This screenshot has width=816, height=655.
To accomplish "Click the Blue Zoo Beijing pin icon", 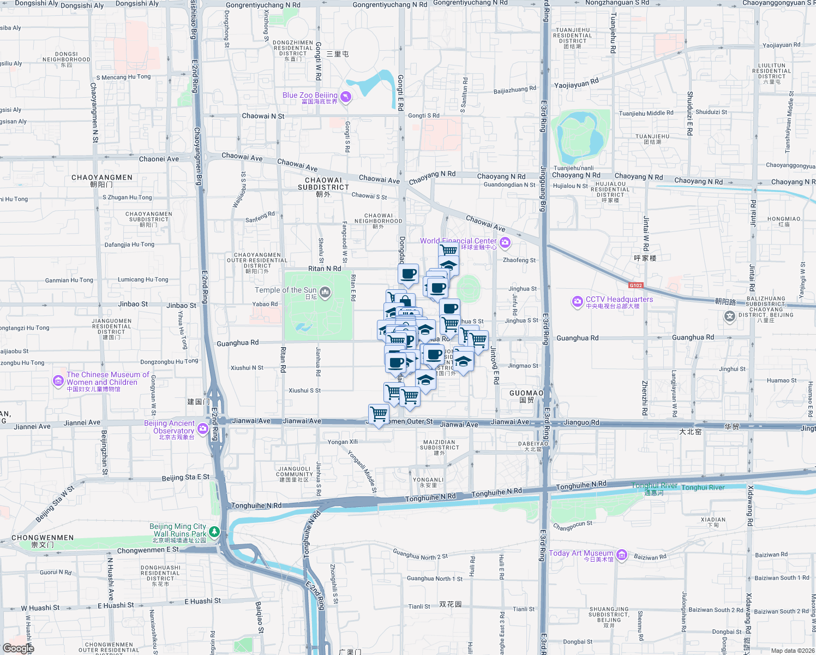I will pyautogui.click(x=345, y=97).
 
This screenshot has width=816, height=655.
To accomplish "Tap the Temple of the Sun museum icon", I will pyautogui.click(x=325, y=293).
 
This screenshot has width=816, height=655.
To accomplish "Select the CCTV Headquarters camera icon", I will pyautogui.click(x=577, y=301).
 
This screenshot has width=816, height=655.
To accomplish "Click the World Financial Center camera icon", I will pyautogui.click(x=505, y=242).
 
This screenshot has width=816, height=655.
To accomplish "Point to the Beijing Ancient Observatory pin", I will pyautogui.click(x=203, y=429).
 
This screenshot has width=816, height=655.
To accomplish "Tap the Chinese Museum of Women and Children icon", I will pyautogui.click(x=58, y=381).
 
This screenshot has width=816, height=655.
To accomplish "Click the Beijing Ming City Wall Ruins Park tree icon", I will pyautogui.click(x=214, y=531).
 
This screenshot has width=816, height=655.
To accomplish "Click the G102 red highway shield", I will pyautogui.click(x=636, y=285).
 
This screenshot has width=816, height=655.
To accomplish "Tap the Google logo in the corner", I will pyautogui.click(x=18, y=648).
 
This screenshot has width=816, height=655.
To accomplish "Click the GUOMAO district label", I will pyautogui.click(x=526, y=393).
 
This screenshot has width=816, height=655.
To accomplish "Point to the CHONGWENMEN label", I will pyautogui.click(x=43, y=538).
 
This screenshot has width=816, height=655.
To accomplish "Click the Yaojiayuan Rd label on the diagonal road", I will pyautogui.click(x=576, y=84).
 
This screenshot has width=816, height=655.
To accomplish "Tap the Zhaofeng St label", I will pyautogui.click(x=519, y=260).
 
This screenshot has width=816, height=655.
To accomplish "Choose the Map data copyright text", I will pyautogui.click(x=792, y=650).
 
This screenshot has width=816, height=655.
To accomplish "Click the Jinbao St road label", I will pyautogui.click(x=133, y=304).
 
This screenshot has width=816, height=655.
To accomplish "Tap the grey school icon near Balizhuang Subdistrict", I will pyautogui.click(x=730, y=317).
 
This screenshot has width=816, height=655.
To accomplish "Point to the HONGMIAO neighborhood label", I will pyautogui.click(x=784, y=219).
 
